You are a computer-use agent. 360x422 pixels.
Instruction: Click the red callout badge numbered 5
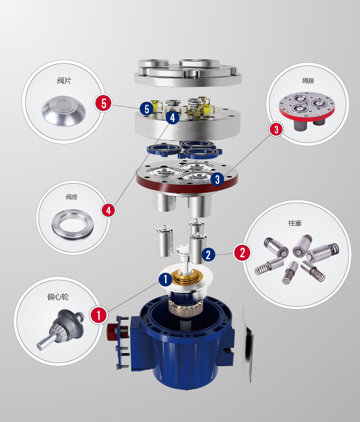pyautogui.click(x=103, y=103)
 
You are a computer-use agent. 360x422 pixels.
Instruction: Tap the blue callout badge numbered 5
pyautogui.click(x=147, y=109)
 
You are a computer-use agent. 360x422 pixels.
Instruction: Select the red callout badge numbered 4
pyautogui.click(x=109, y=210)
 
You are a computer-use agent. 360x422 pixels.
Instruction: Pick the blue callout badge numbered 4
pyautogui.click(x=172, y=117)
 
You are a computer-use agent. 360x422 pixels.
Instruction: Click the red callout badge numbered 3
pyautogui.click(x=276, y=129)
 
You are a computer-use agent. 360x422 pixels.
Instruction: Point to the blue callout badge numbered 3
pyautogui.click(x=217, y=179)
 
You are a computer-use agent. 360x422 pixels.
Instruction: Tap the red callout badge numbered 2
pyautogui.click(x=242, y=253)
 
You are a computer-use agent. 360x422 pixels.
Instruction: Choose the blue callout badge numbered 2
pyautogui.click(x=209, y=254)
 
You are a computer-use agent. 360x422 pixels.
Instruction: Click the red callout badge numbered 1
pyautogui.click(x=99, y=314)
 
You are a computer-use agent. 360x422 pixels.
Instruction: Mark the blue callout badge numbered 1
pyautogui.click(x=166, y=279)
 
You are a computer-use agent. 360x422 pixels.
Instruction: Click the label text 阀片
pyautogui.click(x=64, y=80)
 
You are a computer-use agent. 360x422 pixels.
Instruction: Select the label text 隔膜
pyautogui.click(x=308, y=80)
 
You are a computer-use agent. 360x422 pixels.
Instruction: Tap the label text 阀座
pyautogui.click(x=72, y=197)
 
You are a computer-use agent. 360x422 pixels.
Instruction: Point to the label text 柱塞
pyautogui.click(x=295, y=223)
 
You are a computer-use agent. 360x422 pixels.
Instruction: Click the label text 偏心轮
pyautogui.click(x=58, y=297)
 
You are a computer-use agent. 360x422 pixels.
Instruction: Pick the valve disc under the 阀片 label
pyautogui.click(x=64, y=111)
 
